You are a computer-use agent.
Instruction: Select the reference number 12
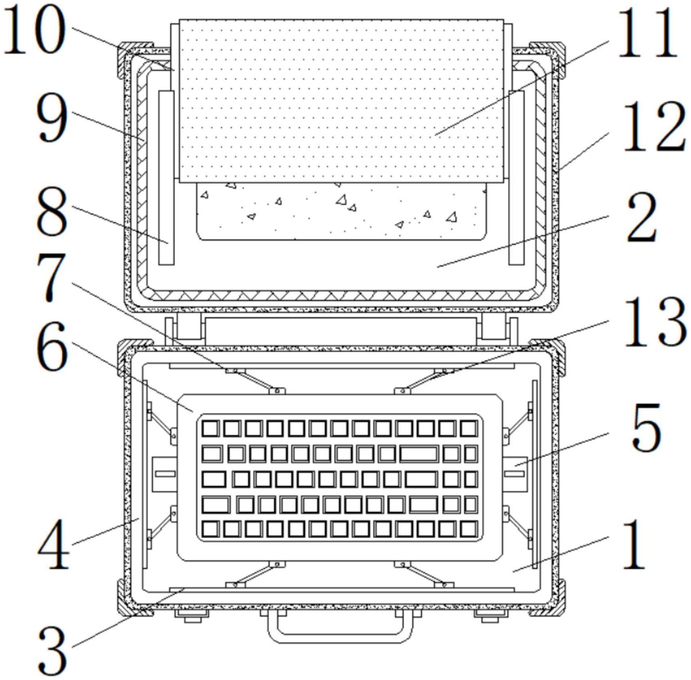tap(654, 127)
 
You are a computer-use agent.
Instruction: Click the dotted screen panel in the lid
tap(341, 101)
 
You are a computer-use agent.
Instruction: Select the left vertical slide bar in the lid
tap(166, 177)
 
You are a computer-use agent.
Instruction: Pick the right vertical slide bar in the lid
tap(516, 177)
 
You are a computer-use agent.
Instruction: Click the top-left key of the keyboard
tap(210, 429)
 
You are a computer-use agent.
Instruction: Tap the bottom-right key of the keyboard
tap(469, 530)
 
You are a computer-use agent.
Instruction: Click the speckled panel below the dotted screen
tap(341, 211)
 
